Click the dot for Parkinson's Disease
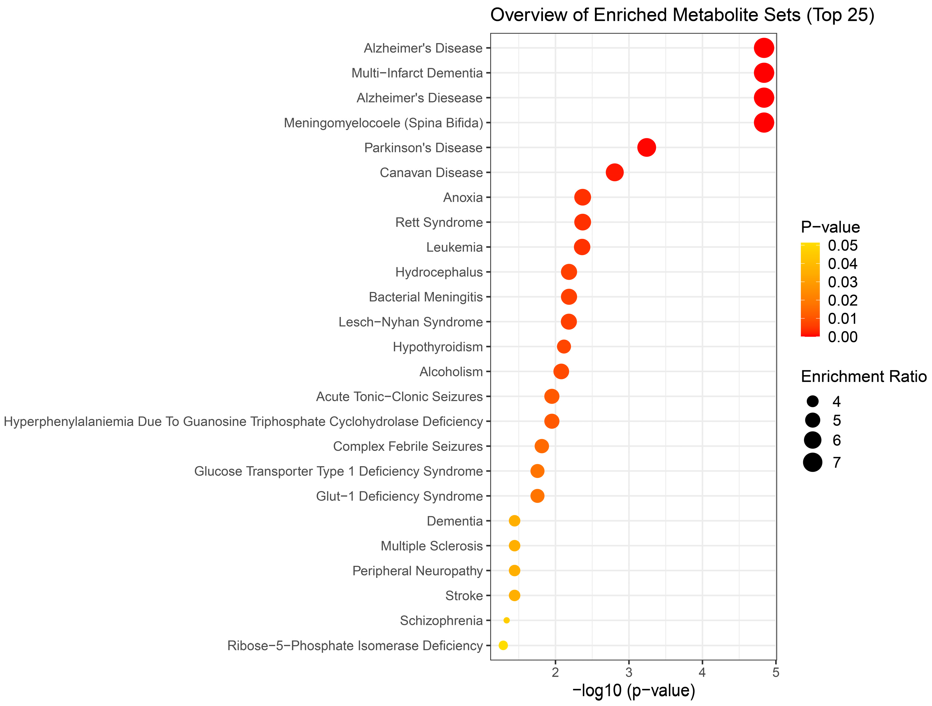[646, 148]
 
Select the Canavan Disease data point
[614, 172]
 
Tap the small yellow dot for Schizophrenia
[506, 620]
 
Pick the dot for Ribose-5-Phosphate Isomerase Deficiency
[503, 645]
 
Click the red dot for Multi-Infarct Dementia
[763, 73]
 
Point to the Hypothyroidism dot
[564, 347]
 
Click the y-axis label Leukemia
[454, 247]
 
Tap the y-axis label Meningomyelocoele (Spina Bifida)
[384, 123]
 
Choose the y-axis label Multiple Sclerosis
[431, 546]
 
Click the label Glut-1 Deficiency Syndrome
[399, 496]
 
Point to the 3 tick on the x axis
[629, 672]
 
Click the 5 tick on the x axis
[776, 672]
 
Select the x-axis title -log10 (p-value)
[633, 691]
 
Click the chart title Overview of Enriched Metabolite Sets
[682, 15]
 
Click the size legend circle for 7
[812, 462]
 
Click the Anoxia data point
[582, 197]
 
